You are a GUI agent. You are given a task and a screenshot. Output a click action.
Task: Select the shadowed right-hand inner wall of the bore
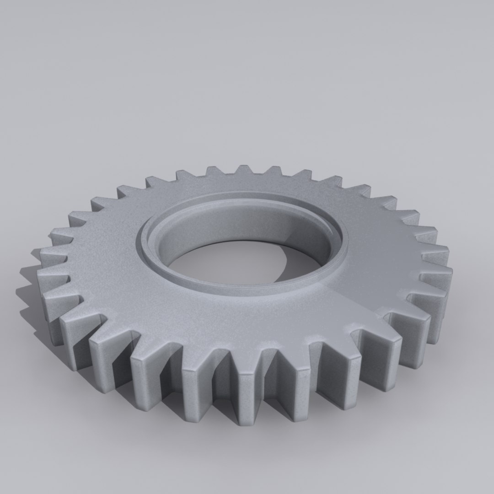click(x=316, y=247)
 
